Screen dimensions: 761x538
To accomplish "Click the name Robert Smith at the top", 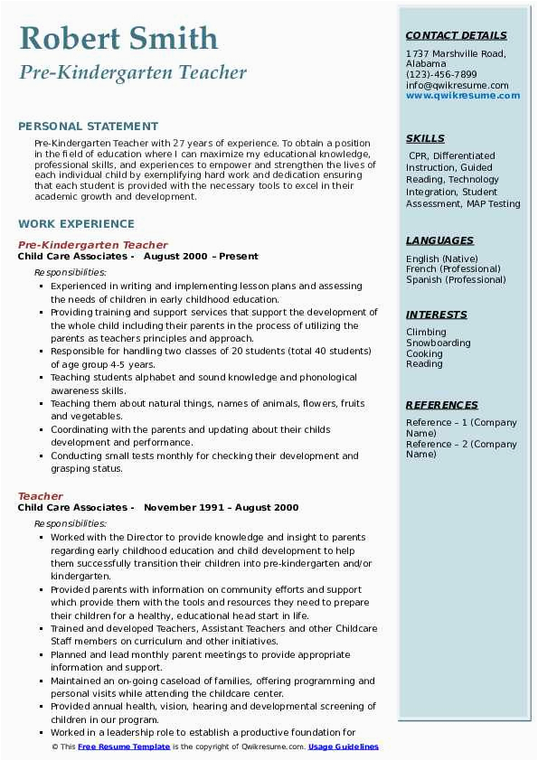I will point(118,38).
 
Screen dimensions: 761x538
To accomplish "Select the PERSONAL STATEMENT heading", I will point(88,127).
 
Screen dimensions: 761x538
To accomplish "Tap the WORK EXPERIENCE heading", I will point(76,223).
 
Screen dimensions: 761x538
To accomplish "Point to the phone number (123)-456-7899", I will point(441,75).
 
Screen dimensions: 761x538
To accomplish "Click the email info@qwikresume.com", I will point(457,86).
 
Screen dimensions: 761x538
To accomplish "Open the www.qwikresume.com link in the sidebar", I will point(457,96).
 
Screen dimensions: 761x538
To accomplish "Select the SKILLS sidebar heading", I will point(425,138).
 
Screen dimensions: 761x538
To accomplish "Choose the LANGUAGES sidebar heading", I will point(439,240).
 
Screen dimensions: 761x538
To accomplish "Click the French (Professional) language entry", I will point(454,269).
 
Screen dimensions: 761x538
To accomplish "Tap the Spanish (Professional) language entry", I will point(456,280).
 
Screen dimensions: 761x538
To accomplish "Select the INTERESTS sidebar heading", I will point(437,315).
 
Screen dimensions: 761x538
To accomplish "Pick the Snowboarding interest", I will point(438,343).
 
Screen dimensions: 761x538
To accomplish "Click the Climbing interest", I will point(426,333).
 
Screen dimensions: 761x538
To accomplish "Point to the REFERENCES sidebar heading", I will point(442,405).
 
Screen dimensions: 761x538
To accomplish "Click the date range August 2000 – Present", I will point(201,257).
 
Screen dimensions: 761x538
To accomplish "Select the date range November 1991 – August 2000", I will point(221,508).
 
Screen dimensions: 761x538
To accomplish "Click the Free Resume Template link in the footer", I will point(124,747).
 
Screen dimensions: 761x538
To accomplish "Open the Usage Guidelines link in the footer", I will point(344,747).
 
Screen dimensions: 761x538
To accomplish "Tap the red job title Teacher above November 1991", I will point(41,496).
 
